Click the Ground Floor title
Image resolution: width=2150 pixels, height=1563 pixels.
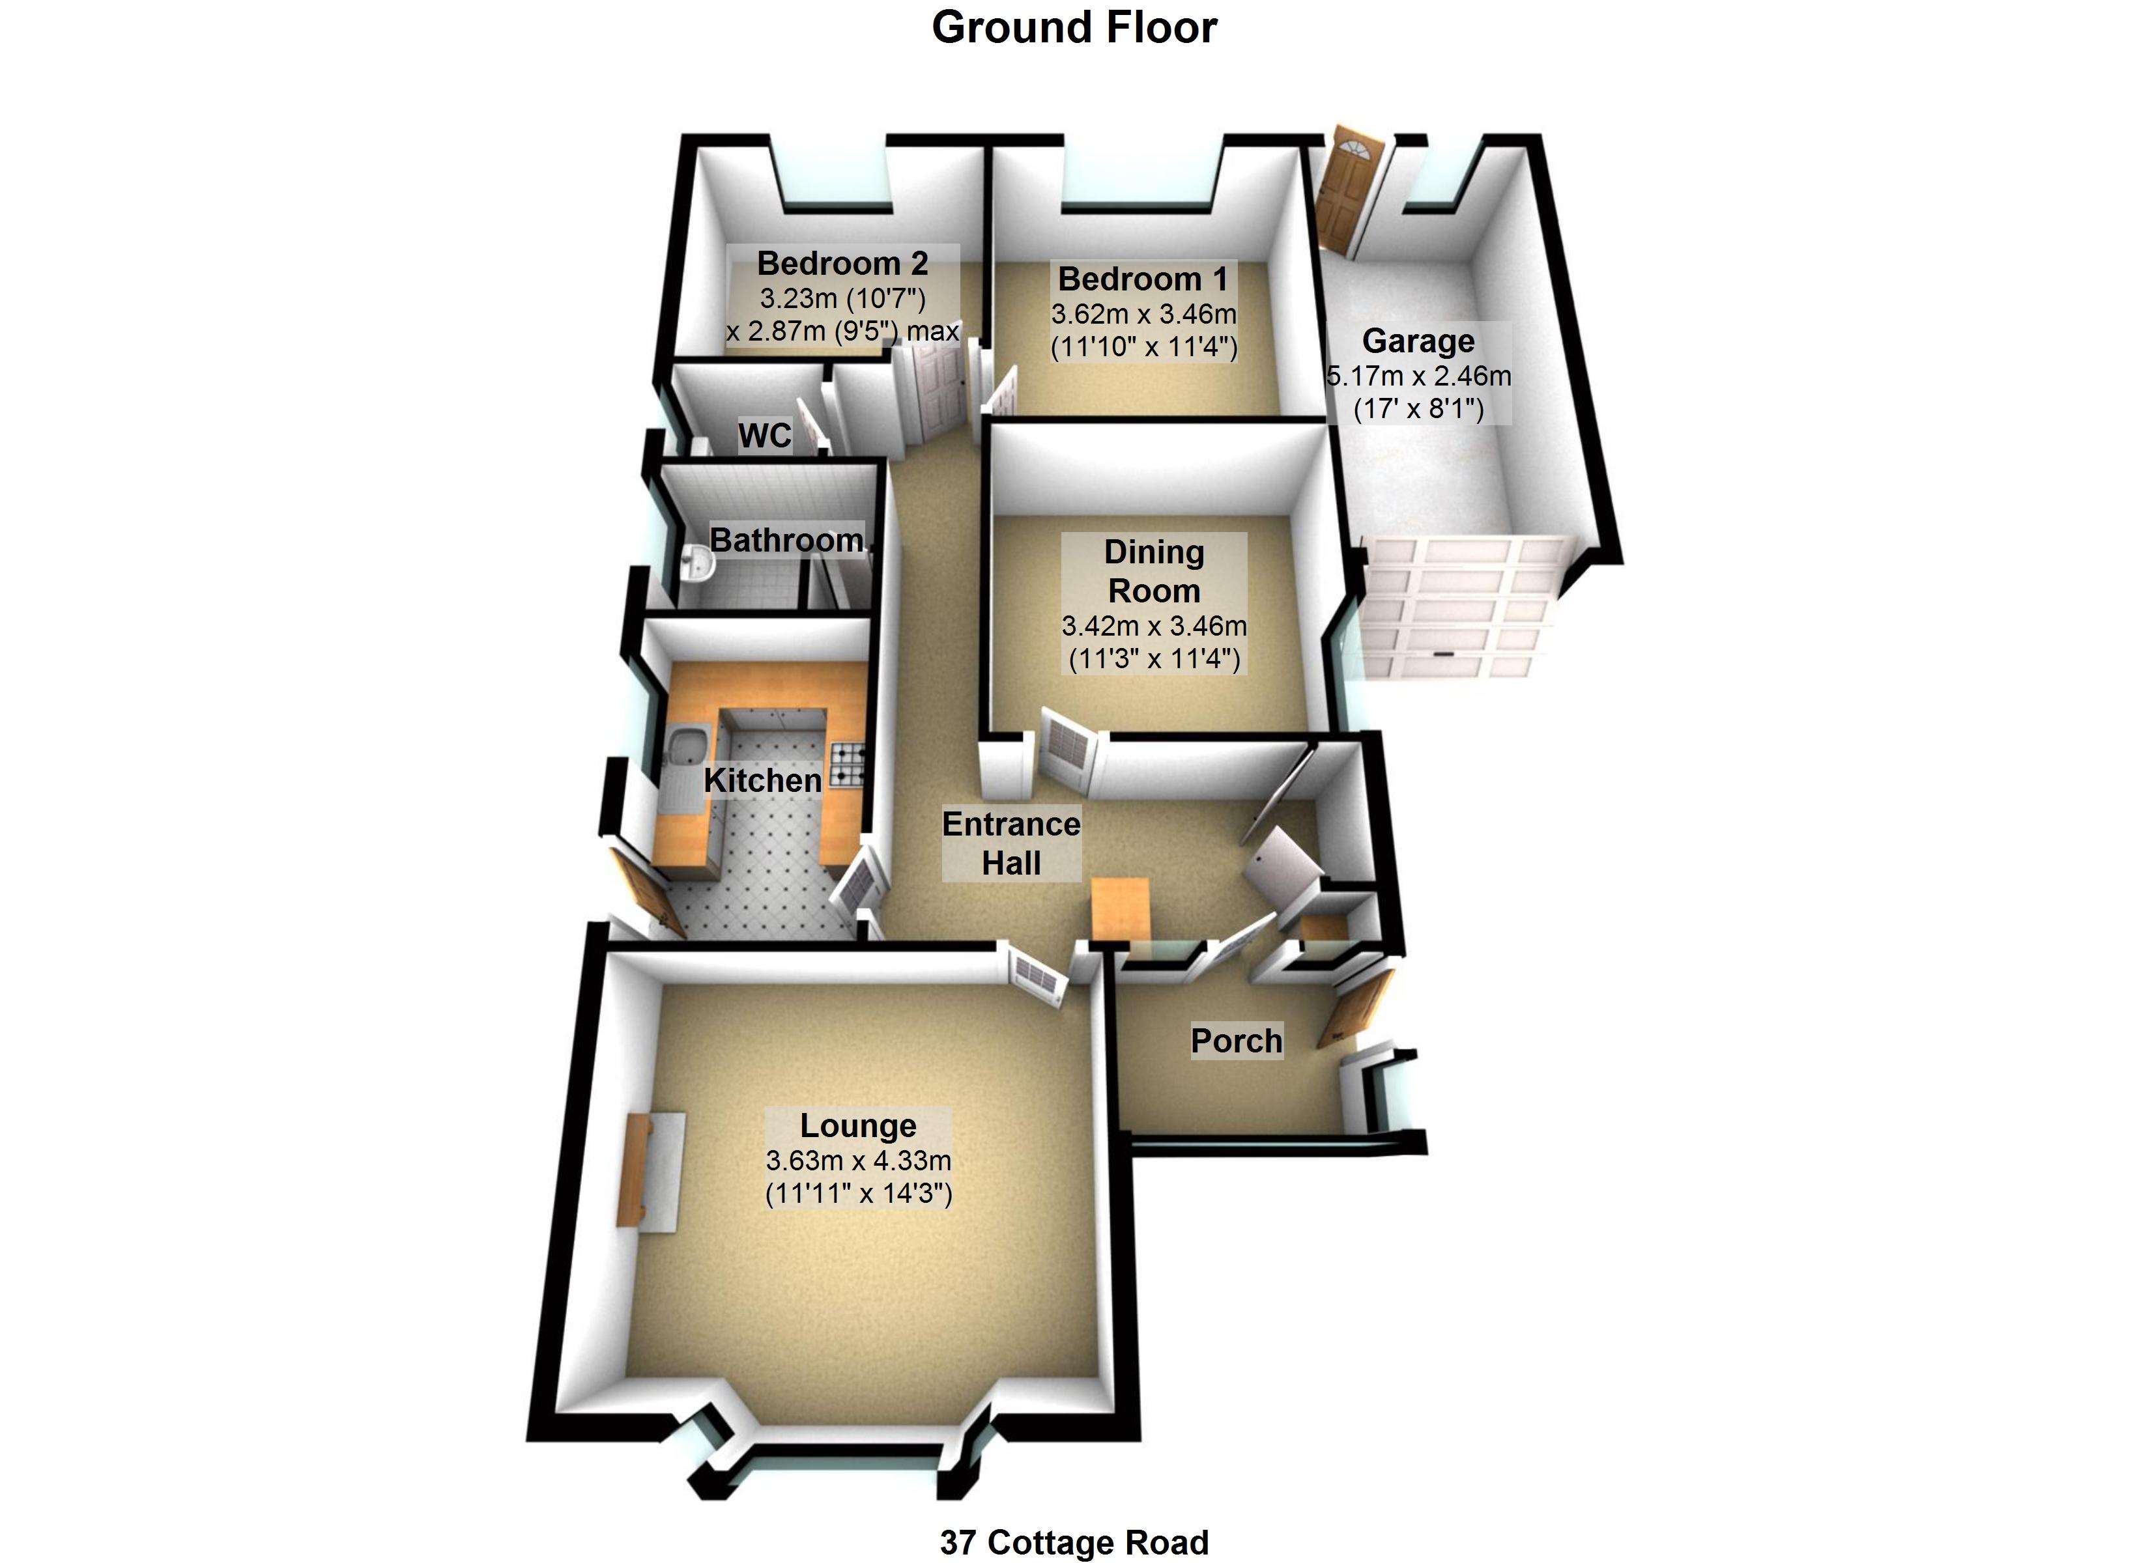coord(1074,27)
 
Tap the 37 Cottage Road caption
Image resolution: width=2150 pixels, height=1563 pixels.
coord(1074,1542)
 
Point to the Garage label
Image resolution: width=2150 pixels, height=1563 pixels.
coord(1418,340)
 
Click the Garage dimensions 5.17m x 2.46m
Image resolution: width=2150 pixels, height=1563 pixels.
coord(1418,376)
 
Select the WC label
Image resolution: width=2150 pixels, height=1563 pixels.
coord(764,435)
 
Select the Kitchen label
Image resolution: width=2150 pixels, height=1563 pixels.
coord(762,781)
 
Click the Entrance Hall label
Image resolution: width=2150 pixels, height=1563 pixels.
coord(1010,843)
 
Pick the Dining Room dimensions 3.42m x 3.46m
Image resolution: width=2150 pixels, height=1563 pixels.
coord(1154,627)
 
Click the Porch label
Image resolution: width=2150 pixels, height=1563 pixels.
coord(1236,1041)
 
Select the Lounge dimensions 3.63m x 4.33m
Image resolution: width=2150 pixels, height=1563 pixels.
coord(858,1160)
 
